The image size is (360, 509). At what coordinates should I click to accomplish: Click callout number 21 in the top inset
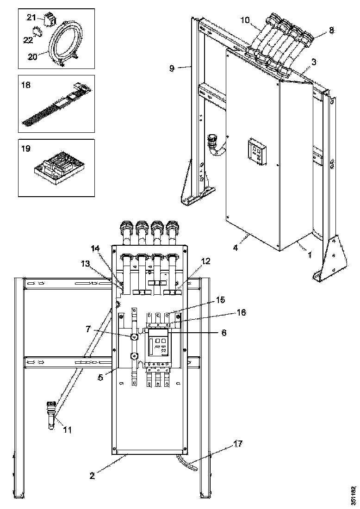(31, 17)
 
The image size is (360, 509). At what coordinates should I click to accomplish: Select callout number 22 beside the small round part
(29, 40)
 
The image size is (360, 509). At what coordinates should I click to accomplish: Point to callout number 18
(25, 85)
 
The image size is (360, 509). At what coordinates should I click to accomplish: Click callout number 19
(26, 149)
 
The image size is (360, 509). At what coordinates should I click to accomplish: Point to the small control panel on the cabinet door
(255, 150)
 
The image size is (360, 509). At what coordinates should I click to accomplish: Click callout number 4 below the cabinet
(236, 248)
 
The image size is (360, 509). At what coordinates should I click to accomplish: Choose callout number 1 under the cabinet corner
(309, 254)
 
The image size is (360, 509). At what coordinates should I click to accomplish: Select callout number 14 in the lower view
(95, 248)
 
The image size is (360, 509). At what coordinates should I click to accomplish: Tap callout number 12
(205, 261)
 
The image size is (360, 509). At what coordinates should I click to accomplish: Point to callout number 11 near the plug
(68, 430)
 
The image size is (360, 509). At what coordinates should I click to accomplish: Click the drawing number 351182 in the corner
(354, 495)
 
